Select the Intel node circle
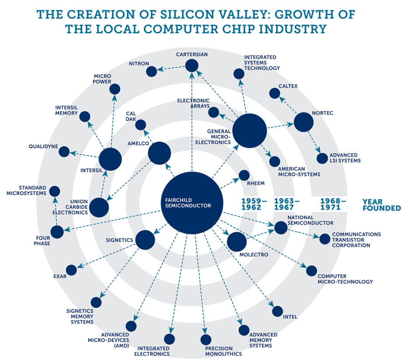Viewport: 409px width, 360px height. click(x=278, y=311)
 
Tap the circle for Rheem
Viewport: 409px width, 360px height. click(x=244, y=176)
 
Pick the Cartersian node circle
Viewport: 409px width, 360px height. click(x=192, y=66)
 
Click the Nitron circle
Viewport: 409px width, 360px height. click(x=152, y=72)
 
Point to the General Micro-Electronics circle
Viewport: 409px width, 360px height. click(x=250, y=130)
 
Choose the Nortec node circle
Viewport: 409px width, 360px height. click(x=303, y=122)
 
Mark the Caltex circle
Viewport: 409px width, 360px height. click(x=274, y=93)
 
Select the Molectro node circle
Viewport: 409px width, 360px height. click(x=237, y=242)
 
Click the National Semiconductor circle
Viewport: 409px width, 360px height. click(x=281, y=228)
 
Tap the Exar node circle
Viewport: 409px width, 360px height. click(x=71, y=270)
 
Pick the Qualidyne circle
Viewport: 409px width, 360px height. click(x=64, y=152)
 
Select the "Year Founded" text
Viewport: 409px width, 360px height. click(x=381, y=205)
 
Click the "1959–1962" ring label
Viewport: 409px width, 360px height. click(x=254, y=204)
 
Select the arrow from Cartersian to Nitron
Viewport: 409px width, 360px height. click(x=171, y=69)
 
